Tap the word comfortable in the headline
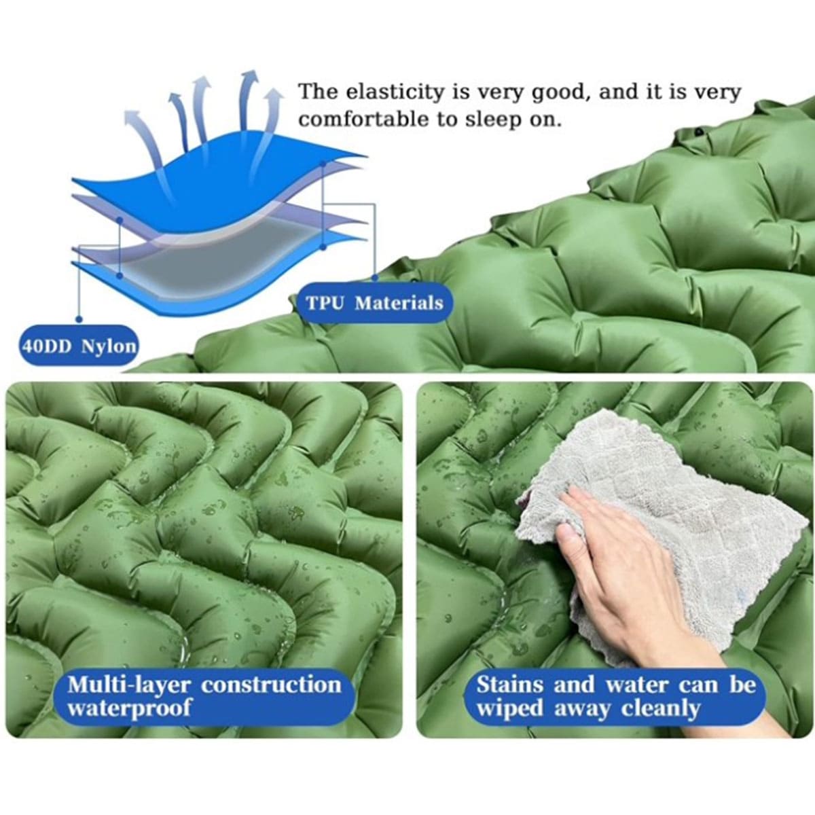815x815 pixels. pos(364,120)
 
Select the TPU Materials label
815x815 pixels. pos(375,303)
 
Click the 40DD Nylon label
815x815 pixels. pos(79,346)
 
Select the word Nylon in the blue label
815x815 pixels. pos(109,346)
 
